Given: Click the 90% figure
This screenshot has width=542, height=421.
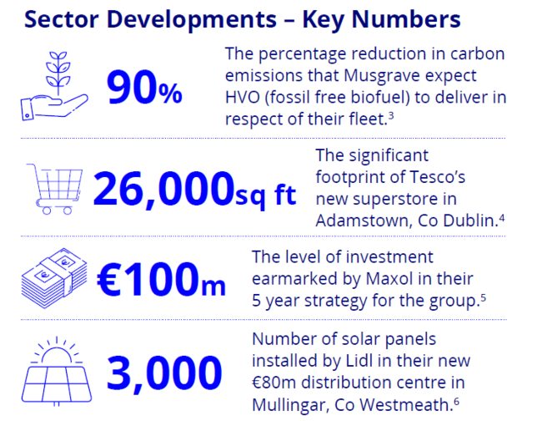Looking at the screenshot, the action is tap(144, 87).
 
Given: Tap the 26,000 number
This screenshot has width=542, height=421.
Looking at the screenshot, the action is tap(163, 189).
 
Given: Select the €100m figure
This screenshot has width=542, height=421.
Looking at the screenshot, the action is tap(161, 279).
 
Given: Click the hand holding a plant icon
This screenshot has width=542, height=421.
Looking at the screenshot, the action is tap(54, 87).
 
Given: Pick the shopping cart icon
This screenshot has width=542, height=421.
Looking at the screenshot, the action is tap(54, 189).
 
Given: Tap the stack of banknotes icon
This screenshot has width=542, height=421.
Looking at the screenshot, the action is tap(54, 278).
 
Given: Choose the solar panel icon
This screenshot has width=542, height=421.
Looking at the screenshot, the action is tap(57, 372).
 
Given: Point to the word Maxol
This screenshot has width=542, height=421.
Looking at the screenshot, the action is tap(389, 279).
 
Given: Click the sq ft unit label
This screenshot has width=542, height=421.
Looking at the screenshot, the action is tap(266, 196).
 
